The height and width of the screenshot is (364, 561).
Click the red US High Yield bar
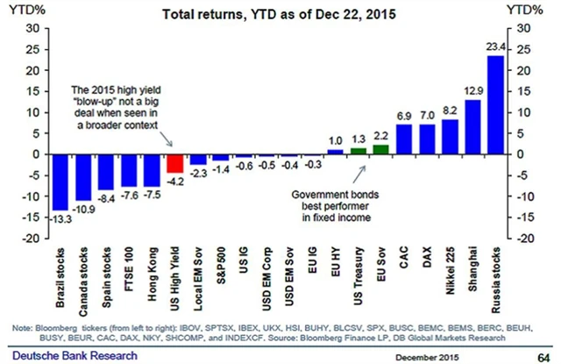tap(175, 163)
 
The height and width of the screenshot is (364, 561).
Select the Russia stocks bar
tap(495, 104)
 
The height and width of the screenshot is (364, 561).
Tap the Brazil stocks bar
tap(60, 182)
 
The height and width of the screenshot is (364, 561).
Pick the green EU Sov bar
tap(380, 149)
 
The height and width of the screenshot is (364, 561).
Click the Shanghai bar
tap(472, 126)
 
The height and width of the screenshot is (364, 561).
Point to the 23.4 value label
tap(495, 49)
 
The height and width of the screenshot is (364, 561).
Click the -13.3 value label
tap(60, 217)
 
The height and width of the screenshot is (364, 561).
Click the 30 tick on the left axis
tap(31, 28)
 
